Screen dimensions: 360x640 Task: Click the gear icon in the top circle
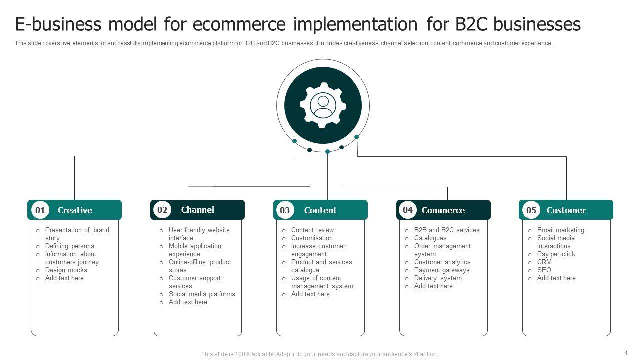[x=323, y=105]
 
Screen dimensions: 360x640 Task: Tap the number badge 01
[x=40, y=210]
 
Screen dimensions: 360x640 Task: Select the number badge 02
[x=162, y=210]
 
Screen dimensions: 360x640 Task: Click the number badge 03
[x=285, y=210]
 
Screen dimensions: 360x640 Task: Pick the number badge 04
[x=408, y=210]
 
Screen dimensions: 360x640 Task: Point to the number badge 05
[x=531, y=210]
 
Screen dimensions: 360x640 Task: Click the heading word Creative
[x=75, y=210]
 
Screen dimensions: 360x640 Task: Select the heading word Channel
[x=197, y=210]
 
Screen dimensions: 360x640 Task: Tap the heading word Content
[x=320, y=210]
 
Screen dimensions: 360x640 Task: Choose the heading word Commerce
[x=443, y=210]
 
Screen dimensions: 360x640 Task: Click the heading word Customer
[x=566, y=210]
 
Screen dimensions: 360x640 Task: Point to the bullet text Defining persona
[x=69, y=246]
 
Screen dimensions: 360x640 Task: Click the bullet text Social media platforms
[x=202, y=294]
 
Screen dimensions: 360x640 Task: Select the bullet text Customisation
[x=312, y=238]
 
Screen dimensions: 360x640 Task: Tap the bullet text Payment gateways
[x=442, y=270]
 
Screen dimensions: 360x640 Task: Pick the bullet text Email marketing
[x=560, y=230]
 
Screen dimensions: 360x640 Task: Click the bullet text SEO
[x=544, y=270]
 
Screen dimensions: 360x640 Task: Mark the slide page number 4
[x=625, y=352]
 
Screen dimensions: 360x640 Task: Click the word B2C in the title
[x=471, y=24]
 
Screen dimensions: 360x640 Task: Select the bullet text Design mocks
[x=66, y=270]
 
